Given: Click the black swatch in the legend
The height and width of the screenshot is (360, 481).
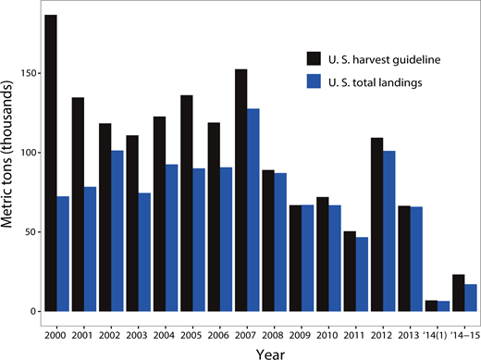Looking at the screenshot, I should pyautogui.click(x=315, y=60).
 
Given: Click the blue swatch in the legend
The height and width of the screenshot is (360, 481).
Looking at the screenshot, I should pyautogui.click(x=315, y=83).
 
